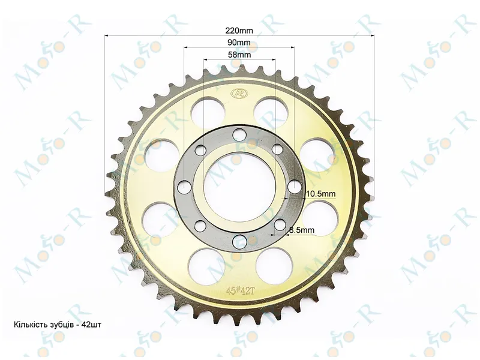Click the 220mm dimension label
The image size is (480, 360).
pyautogui.click(x=239, y=31)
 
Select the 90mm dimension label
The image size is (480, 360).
pyautogui.click(x=239, y=42)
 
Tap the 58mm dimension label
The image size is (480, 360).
pyautogui.click(x=239, y=55)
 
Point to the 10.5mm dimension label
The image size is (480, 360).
pyautogui.click(x=321, y=193)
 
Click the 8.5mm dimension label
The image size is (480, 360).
pyautogui.click(x=302, y=230)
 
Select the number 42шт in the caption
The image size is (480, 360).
pyautogui.click(x=92, y=325)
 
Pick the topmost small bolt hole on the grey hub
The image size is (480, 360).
pyautogui.click(x=239, y=134)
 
